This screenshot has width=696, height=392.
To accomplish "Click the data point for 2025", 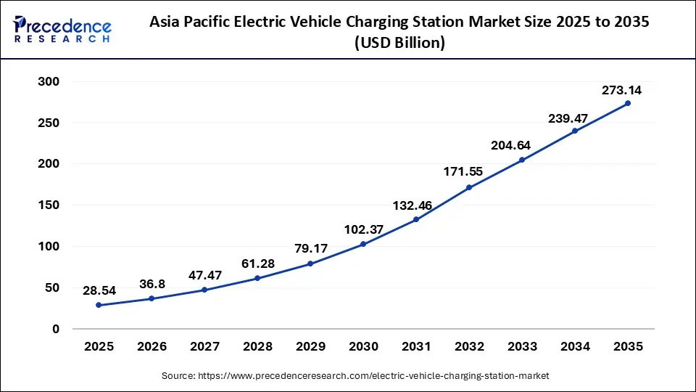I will point(99,305).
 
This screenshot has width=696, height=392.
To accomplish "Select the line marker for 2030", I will point(363,244).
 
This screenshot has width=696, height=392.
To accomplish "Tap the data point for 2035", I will point(628,103).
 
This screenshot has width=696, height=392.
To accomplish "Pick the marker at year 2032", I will point(469,187).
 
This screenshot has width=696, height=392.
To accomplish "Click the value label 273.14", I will point(621,91).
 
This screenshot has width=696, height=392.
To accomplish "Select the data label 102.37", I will point(363,229).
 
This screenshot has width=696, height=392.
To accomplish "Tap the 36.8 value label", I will point(152,284).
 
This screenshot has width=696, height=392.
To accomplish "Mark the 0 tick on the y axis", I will point(56,329).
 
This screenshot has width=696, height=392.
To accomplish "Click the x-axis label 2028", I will point(257,347).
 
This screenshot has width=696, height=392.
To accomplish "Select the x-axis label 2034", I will point(575,347).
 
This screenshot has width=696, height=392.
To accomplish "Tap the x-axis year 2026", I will point(152,347).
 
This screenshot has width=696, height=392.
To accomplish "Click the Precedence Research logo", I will point(62,30).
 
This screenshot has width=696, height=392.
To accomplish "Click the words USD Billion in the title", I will point(399,43).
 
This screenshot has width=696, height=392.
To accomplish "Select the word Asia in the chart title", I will point(166,22).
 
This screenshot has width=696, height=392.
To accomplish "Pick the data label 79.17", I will point(310,249).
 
